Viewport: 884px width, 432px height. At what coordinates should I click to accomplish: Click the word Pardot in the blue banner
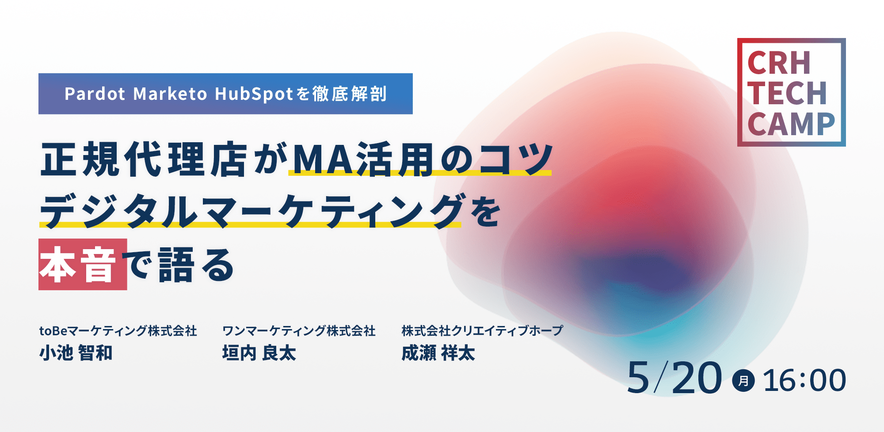pyautogui.click(x=95, y=94)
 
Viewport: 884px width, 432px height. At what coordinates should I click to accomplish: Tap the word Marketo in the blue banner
pyautogui.click(x=170, y=94)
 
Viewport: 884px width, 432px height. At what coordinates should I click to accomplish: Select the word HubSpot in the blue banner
pyautogui.click(x=254, y=94)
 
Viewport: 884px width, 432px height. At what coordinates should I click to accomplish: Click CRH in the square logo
pyautogui.click(x=779, y=63)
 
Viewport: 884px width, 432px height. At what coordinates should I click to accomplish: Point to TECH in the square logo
pyautogui.click(x=787, y=94)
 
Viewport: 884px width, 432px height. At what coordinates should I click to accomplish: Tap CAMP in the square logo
pyautogui.click(x=791, y=124)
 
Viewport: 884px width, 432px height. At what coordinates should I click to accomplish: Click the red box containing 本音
pyautogui.click(x=83, y=264)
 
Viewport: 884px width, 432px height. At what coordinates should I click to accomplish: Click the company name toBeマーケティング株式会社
pyautogui.click(x=118, y=330)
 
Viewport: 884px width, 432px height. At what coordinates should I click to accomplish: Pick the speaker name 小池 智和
pyautogui.click(x=76, y=353)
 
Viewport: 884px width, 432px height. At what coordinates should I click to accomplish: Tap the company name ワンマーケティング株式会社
pyautogui.click(x=299, y=330)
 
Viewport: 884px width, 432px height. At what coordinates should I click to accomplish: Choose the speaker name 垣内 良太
pyautogui.click(x=259, y=353)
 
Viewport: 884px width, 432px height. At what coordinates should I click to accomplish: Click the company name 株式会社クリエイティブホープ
pyautogui.click(x=482, y=330)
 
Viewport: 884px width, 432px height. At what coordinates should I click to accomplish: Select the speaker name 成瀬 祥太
pyautogui.click(x=438, y=353)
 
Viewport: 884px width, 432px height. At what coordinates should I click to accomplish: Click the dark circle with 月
pyautogui.click(x=743, y=380)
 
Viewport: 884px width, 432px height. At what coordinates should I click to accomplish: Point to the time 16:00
pyautogui.click(x=804, y=380)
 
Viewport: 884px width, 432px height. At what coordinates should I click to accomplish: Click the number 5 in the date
pyautogui.click(x=638, y=378)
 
